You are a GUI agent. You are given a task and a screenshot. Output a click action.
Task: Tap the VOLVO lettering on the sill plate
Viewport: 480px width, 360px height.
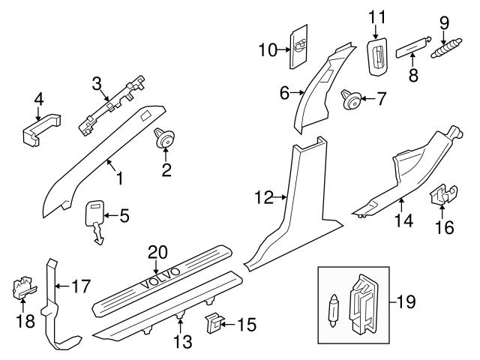click(159, 278)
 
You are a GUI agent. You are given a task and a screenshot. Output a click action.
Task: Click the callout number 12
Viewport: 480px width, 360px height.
click(263, 199)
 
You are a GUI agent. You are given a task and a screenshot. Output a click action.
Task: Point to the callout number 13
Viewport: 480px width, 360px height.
click(183, 342)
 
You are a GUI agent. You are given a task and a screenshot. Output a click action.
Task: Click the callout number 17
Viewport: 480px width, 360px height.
click(80, 285)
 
